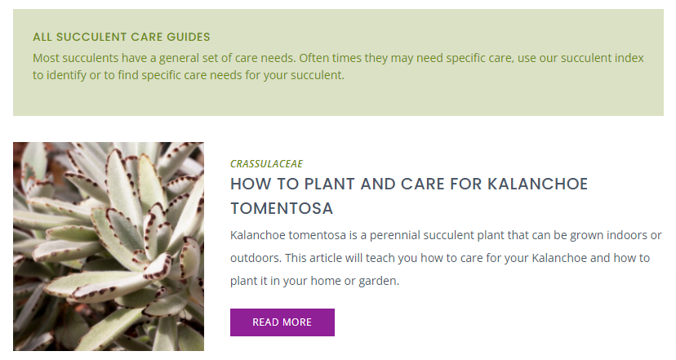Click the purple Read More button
click(282, 322)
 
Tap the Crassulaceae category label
click(266, 164)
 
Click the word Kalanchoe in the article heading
click(537, 184)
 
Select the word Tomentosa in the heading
click(282, 209)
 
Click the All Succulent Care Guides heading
click(122, 37)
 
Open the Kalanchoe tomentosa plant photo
click(109, 247)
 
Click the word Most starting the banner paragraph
click(47, 58)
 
